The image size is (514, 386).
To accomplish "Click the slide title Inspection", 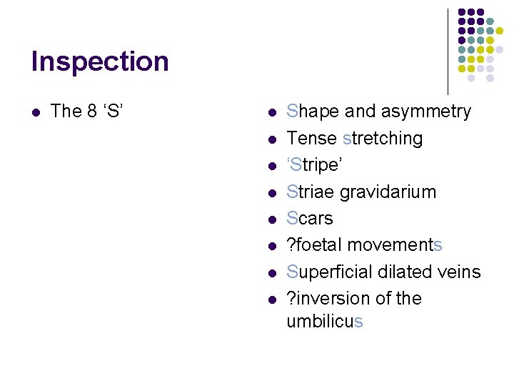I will pyautogui.click(x=100, y=62).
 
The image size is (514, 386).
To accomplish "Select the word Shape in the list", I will pyautogui.click(x=313, y=112).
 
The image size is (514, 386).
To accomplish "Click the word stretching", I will pyautogui.click(x=383, y=138).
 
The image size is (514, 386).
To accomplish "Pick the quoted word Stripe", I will pyautogui.click(x=315, y=165).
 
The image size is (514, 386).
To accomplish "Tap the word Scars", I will pyautogui.click(x=310, y=218).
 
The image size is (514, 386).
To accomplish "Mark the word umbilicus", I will pyautogui.click(x=325, y=322).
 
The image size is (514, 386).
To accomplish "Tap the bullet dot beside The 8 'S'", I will pyautogui.click(x=36, y=112).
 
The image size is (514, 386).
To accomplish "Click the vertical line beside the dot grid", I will pyautogui.click(x=448, y=50).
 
